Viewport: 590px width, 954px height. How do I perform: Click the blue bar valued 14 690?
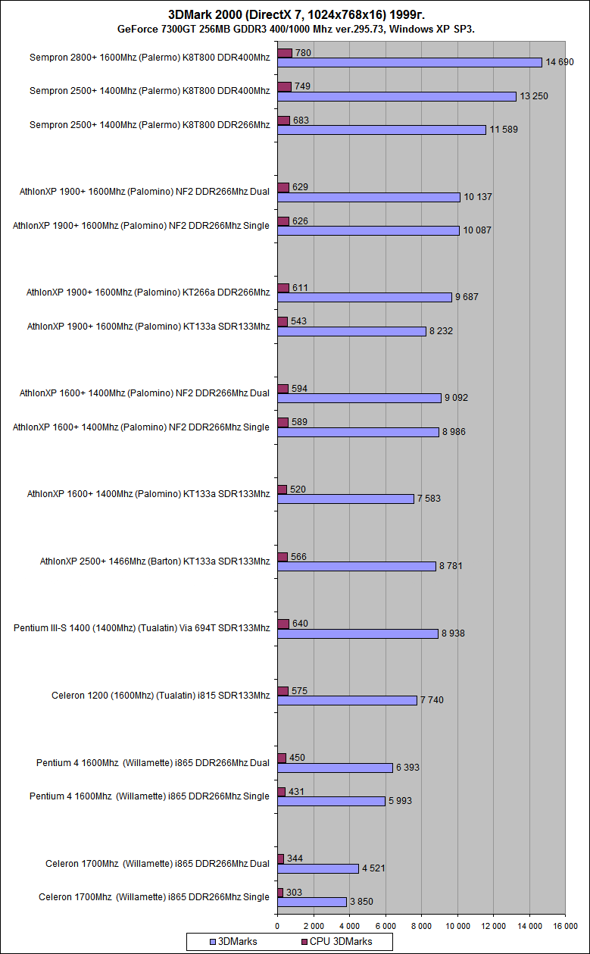coord(410,62)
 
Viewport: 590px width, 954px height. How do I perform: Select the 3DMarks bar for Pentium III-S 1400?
coord(357,633)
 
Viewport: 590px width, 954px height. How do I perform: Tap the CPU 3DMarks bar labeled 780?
coord(285,53)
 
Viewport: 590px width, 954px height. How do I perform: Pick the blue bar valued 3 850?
coord(312,902)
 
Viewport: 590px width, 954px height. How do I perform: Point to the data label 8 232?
coord(446,331)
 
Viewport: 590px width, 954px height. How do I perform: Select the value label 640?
coord(301,624)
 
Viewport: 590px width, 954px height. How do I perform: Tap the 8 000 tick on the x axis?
coord(422,927)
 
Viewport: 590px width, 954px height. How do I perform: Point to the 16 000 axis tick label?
coord(566,927)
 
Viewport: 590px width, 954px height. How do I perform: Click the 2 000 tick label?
coord(314,927)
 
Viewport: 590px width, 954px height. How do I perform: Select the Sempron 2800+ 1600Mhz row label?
coord(149,57)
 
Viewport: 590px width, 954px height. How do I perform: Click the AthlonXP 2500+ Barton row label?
coord(155,561)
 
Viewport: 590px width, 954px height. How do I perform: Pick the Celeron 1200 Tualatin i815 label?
coord(161,695)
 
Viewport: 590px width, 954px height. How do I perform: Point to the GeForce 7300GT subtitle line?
coord(295,29)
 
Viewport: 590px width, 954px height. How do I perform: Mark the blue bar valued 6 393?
coord(335,768)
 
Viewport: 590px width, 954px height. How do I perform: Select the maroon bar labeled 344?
coord(281,859)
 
